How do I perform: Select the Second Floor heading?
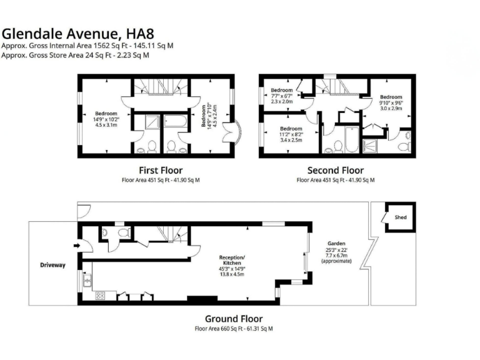pyautogui.click(x=335, y=170)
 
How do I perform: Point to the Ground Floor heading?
pyautogui.click(x=234, y=318)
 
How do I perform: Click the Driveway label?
pyautogui.click(x=52, y=265)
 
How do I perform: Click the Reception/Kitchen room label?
pyautogui.click(x=231, y=261)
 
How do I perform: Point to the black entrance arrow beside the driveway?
pyautogui.click(x=76, y=246)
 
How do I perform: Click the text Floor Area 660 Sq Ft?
pyautogui.click(x=216, y=328)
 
